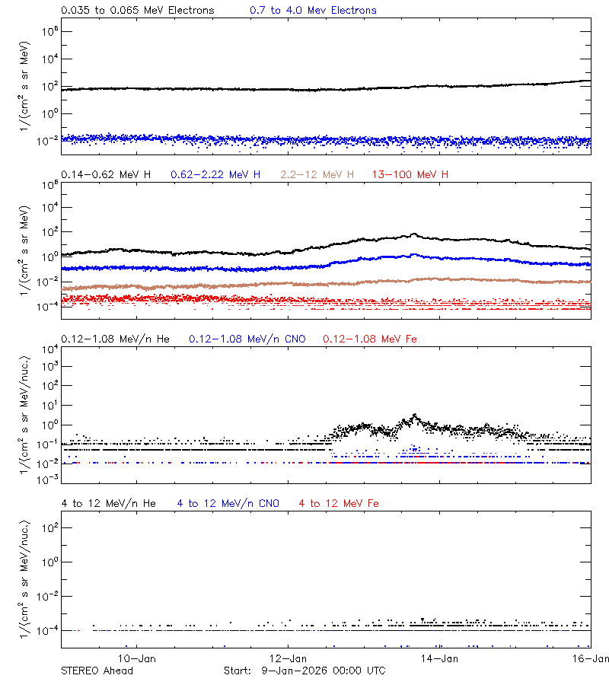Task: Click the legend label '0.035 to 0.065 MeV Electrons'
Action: [137, 11]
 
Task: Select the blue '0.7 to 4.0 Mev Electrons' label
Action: [313, 11]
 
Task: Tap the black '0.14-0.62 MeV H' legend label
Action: [106, 175]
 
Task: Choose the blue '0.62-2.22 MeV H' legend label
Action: [215, 175]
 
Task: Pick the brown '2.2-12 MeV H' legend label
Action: [317, 175]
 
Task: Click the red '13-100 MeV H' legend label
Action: [410, 175]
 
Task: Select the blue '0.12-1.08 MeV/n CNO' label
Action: [247, 338]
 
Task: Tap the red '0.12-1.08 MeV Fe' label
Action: [370, 338]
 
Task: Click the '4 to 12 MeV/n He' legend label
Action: [108, 503]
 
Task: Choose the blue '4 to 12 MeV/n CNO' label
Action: [228, 503]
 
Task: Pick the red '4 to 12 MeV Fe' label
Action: [339, 503]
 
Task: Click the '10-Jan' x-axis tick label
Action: [136, 658]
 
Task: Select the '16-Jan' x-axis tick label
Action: [591, 658]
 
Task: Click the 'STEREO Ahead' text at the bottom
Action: [97, 671]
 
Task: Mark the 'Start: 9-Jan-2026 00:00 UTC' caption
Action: [304, 671]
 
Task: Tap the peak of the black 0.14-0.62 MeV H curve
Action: [414, 234]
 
